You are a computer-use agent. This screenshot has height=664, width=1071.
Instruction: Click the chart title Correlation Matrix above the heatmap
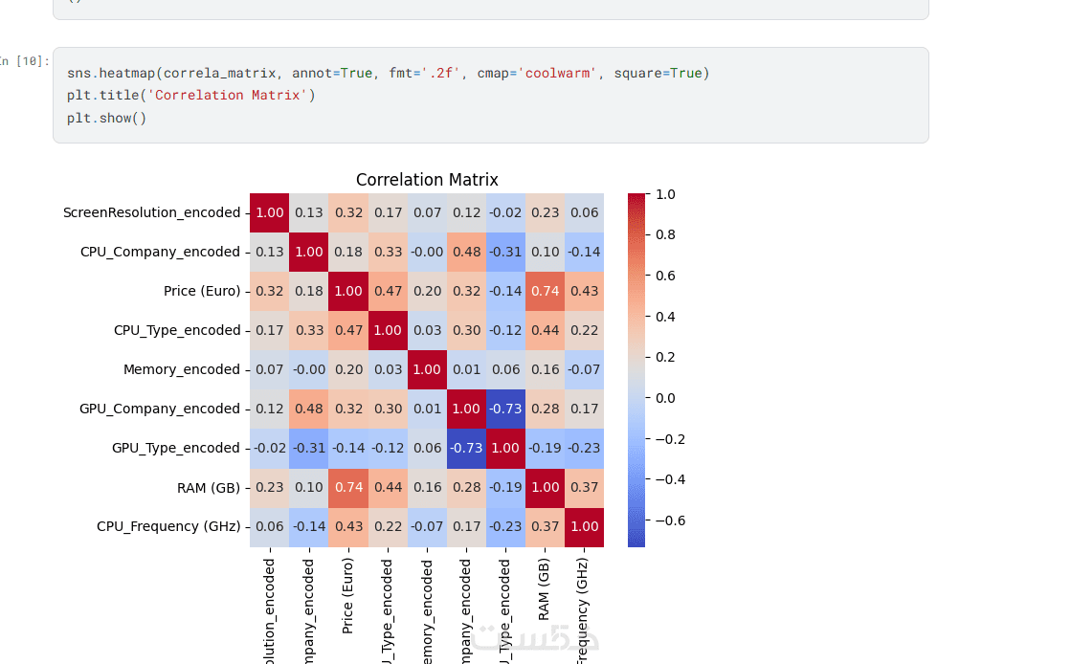[427, 180]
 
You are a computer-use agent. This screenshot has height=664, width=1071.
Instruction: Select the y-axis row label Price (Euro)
[202, 291]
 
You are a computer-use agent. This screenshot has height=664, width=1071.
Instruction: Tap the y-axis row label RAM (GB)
[209, 487]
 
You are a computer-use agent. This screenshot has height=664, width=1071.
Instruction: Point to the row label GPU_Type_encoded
[176, 448]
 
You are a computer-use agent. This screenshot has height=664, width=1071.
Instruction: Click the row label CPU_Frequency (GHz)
[168, 526]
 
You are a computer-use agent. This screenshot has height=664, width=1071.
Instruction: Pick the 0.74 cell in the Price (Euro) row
[545, 291]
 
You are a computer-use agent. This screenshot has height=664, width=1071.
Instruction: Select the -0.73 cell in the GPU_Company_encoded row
[505, 409]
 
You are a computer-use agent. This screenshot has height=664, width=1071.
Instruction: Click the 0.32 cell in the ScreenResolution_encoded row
[348, 212]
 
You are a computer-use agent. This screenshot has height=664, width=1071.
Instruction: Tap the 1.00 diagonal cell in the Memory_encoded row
[427, 369]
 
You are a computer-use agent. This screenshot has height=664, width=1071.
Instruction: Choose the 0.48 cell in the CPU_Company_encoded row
[466, 252]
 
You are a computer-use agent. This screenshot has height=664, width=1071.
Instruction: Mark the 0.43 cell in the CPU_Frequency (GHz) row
[348, 526]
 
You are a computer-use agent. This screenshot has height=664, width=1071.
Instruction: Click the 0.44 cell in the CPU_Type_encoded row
[545, 330]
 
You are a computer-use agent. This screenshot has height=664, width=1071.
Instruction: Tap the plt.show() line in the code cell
[106, 119]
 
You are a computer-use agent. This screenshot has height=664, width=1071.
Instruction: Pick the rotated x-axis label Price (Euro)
[348, 596]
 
